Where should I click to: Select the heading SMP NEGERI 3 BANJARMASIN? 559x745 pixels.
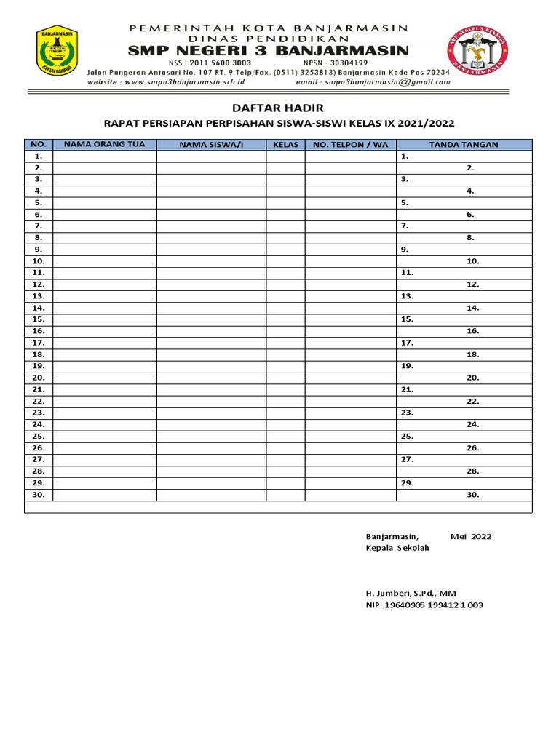click(x=269, y=50)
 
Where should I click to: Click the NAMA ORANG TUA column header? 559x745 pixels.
click(x=105, y=144)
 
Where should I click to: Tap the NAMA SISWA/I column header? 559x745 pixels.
click(x=210, y=145)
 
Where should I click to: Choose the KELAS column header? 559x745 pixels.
click(x=285, y=145)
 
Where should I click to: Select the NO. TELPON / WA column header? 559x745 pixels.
click(x=350, y=145)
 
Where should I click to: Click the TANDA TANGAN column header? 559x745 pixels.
click(x=464, y=145)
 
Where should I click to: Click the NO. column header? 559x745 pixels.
click(x=39, y=145)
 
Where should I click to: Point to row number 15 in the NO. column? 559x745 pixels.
click(x=39, y=319)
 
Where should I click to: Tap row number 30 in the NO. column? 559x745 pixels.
click(x=39, y=495)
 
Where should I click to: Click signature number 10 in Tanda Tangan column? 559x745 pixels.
click(x=472, y=260)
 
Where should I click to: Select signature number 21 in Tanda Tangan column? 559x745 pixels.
click(x=407, y=389)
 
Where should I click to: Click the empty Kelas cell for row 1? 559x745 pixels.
click(x=285, y=156)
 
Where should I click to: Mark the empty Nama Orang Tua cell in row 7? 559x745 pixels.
click(x=105, y=226)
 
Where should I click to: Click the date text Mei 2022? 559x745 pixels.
click(x=471, y=537)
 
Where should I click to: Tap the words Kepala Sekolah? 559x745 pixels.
click(x=397, y=548)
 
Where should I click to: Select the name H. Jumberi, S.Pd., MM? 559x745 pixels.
click(x=411, y=593)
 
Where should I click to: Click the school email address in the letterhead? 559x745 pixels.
click(x=389, y=82)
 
